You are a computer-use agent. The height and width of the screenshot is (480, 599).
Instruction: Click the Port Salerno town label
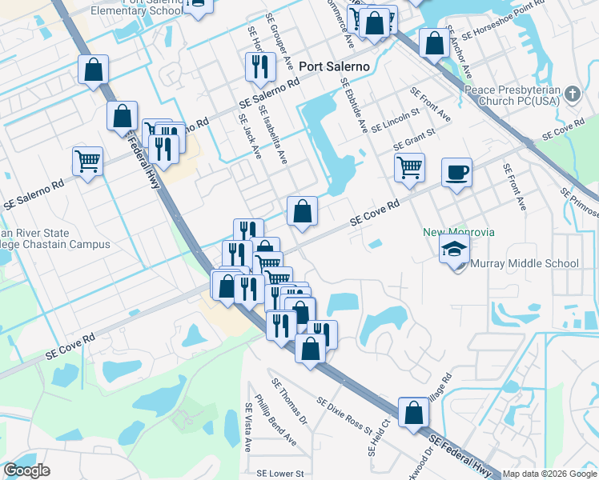[335, 67]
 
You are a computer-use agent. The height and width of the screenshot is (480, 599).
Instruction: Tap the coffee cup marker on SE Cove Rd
[456, 173]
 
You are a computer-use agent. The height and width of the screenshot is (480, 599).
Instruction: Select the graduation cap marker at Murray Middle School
[454, 249]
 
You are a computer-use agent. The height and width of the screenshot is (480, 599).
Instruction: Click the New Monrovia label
[459, 232]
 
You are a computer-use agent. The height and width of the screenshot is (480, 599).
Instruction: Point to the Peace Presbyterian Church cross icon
[572, 94]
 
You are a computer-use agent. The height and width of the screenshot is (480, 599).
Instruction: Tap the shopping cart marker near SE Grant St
[409, 168]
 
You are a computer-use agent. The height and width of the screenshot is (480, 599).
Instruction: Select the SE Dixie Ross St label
[344, 416]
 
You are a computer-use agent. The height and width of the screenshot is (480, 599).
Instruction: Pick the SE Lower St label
[277, 474]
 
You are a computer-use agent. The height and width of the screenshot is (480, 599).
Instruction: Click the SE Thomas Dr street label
[290, 402]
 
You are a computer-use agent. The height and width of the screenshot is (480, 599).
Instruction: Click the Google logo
[27, 470]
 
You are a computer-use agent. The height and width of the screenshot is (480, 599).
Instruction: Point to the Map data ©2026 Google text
[549, 474]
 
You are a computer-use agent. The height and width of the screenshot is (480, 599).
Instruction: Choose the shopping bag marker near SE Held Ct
[413, 413]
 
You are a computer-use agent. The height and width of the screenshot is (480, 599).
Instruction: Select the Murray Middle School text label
[525, 263]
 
